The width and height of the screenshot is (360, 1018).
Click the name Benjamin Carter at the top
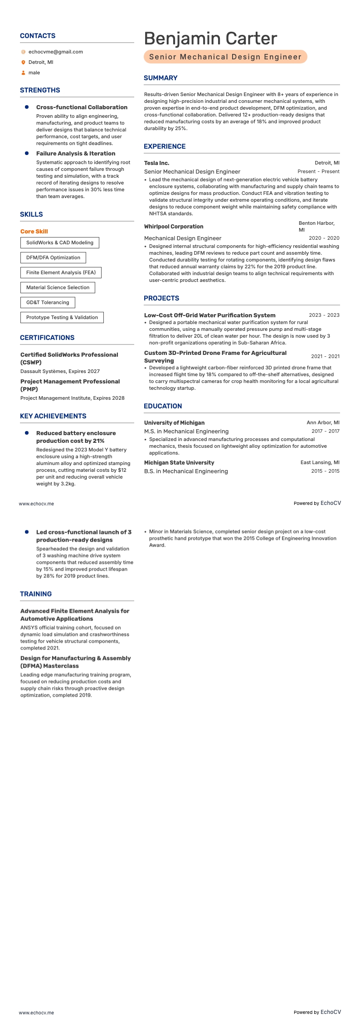[x=210, y=39]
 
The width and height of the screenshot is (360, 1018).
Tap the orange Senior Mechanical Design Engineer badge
[x=225, y=57]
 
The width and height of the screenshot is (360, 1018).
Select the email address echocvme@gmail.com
[x=55, y=52]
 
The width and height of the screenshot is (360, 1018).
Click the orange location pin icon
[x=23, y=63]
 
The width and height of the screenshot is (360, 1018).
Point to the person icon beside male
[x=23, y=73]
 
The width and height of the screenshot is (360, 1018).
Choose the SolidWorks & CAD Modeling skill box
[x=59, y=242]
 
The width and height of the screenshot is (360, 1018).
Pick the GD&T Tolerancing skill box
[x=48, y=302]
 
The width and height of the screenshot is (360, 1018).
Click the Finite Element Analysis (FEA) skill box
[x=61, y=272]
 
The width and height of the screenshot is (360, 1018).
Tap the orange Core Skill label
[x=34, y=231]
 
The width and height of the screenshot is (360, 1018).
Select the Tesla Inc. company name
[x=156, y=163]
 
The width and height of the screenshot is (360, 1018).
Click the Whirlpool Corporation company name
[x=174, y=227]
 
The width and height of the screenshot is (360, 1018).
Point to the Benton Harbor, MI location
[x=316, y=226]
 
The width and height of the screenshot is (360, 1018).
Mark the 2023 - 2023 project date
[x=324, y=315]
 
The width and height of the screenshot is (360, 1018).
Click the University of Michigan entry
[x=174, y=423]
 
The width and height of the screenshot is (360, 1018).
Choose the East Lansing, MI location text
[x=320, y=462]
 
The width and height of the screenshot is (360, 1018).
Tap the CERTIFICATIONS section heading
[x=47, y=338]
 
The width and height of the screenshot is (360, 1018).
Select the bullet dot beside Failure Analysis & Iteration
[x=27, y=153]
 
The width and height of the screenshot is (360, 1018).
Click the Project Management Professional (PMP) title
[x=70, y=385]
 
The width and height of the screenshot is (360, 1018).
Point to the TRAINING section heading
[x=36, y=594]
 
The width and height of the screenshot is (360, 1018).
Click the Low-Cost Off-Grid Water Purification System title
[x=209, y=315]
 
